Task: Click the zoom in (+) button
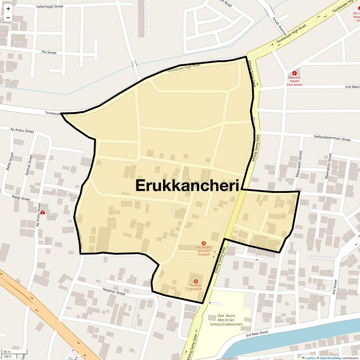pyautogui.click(x=8, y=9)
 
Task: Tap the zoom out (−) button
pyautogui.click(x=8, y=18)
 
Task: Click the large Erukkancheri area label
pyautogui.click(x=187, y=185)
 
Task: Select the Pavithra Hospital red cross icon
pyautogui.click(x=196, y=281)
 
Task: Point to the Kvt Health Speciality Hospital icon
pyautogui.click(x=203, y=243)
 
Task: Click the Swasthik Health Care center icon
pyautogui.click(x=294, y=73)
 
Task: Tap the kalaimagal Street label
pyautogui.click(x=50, y=6)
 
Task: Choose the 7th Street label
pyautogui.click(x=49, y=52)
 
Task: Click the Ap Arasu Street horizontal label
pyautogui.click(x=22, y=130)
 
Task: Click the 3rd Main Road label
pyautogui.click(x=257, y=334)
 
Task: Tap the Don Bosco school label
pyautogui.click(x=226, y=320)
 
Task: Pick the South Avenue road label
pyautogui.click(x=280, y=25)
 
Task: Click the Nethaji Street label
pyautogui.click(x=29, y=165)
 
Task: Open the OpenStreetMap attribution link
pyautogui.click(x=330, y=358)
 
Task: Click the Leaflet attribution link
pyautogui.click(x=309, y=358)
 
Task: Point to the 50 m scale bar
pyautogui.click(x=11, y=352)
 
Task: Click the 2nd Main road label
pyautogui.click(x=352, y=87)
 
